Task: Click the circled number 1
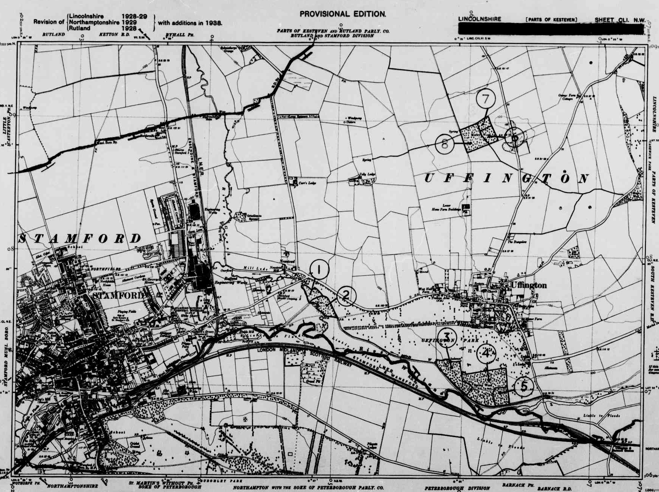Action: (x=319, y=270)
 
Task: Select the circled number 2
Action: (x=346, y=296)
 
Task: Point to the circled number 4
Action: (x=486, y=353)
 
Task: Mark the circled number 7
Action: (x=486, y=99)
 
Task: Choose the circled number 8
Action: (x=445, y=144)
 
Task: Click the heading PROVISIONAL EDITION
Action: (x=342, y=14)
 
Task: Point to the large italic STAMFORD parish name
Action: (x=80, y=238)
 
